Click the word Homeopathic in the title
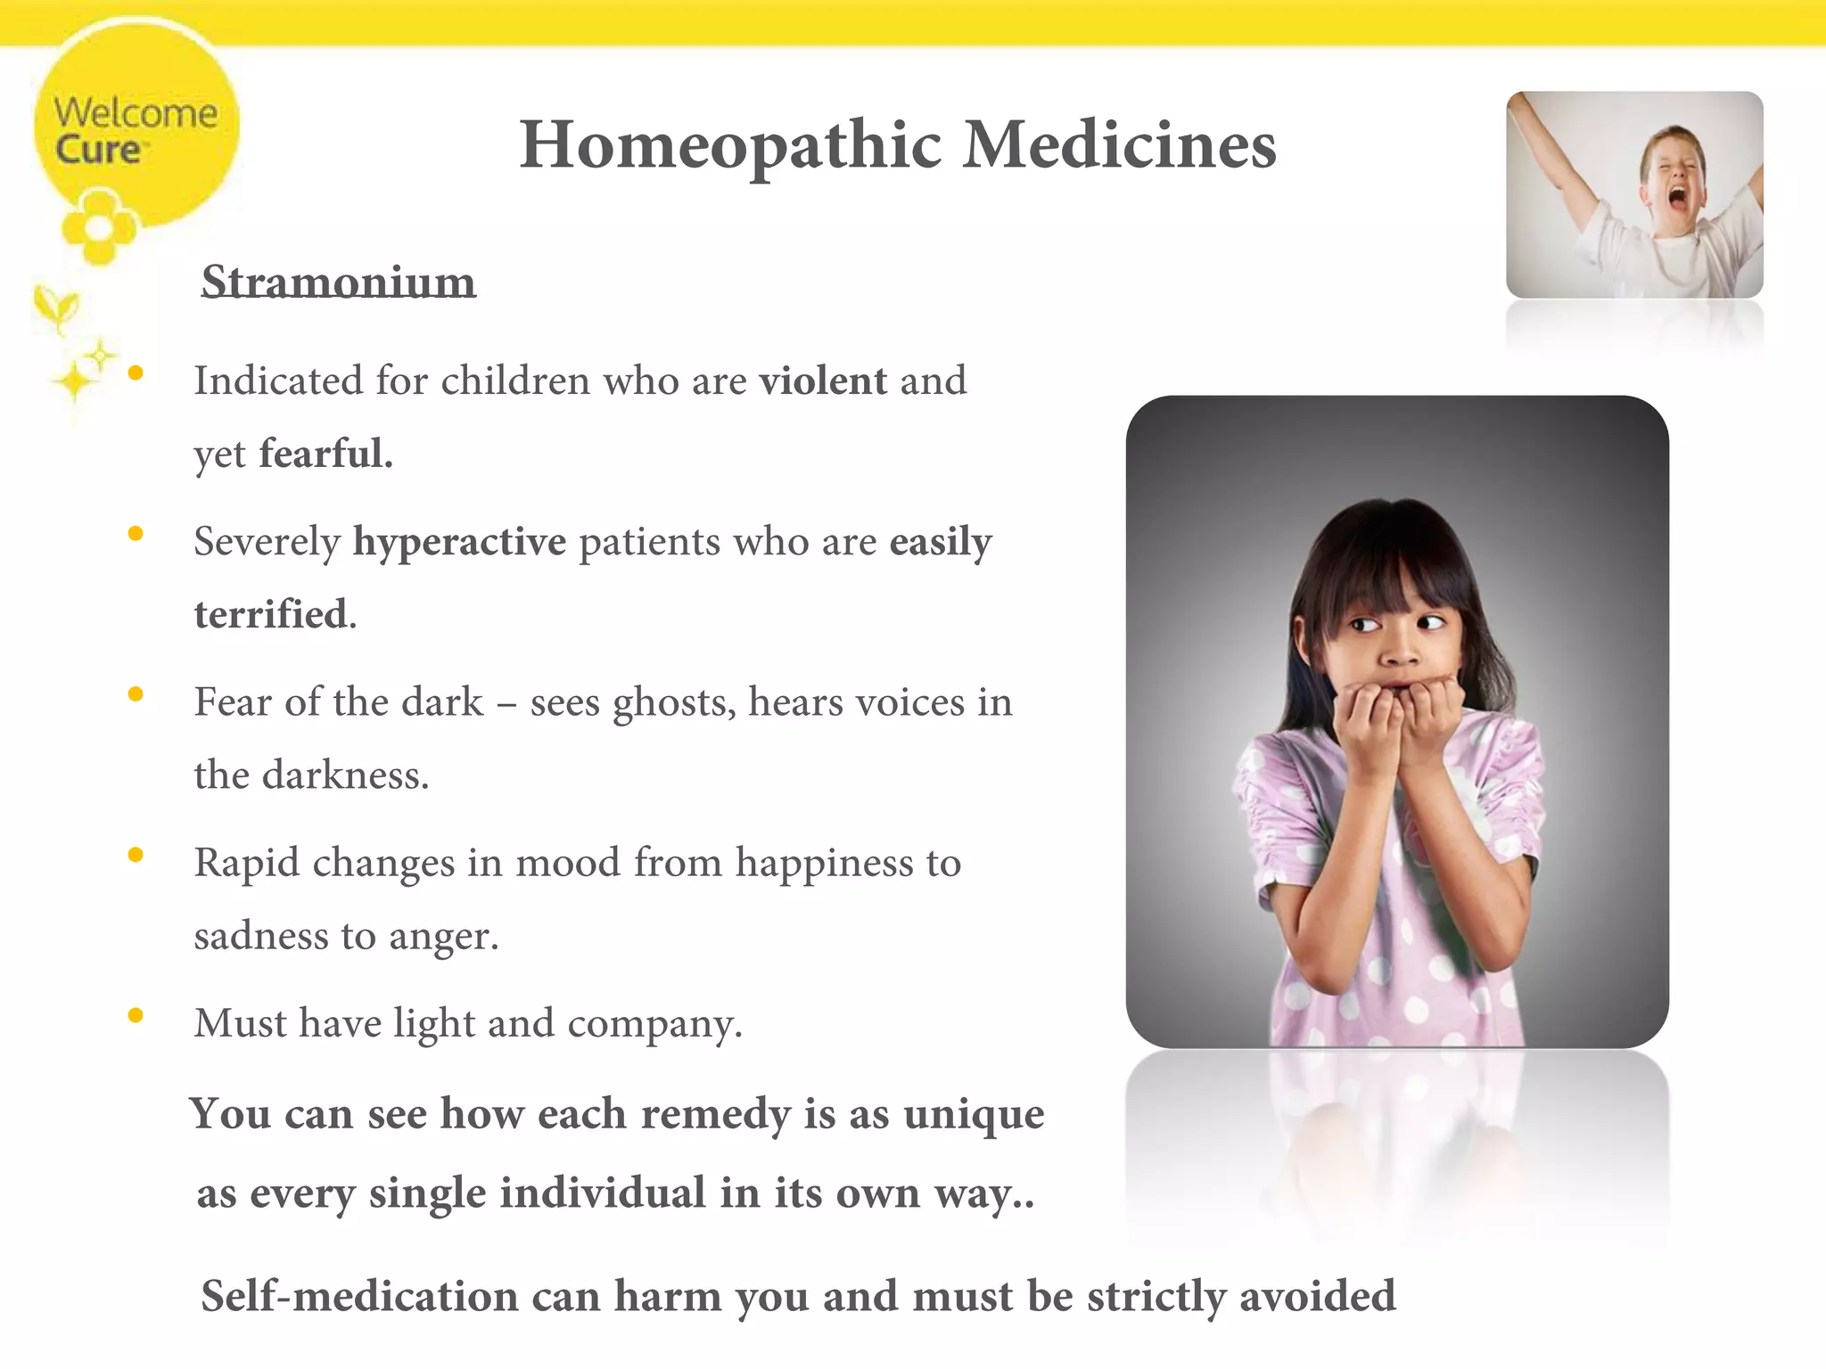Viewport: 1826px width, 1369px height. pos(730,145)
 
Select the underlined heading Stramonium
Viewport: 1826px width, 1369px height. pos(338,283)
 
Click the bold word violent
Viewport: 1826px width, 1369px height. pos(823,381)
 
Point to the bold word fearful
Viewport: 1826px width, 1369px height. pos(325,454)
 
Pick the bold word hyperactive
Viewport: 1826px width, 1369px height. pos(459,542)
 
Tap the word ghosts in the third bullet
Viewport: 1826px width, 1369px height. pos(675,703)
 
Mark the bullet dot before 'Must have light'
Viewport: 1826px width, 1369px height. pos(136,1015)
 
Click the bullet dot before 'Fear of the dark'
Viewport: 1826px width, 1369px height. pos(136,694)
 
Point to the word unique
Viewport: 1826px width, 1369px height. pos(973,1115)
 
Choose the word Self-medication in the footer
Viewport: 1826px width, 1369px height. pos(359,1297)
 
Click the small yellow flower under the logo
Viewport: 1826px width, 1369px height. pos(99,228)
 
